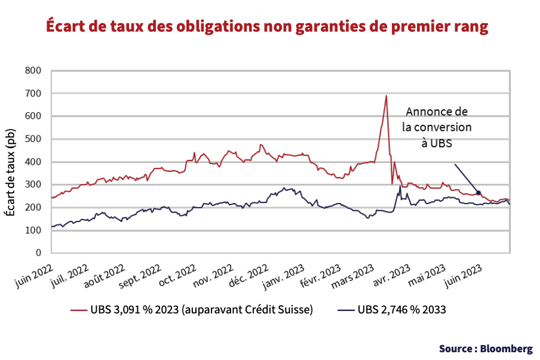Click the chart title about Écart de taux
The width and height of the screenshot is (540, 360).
coord(268,27)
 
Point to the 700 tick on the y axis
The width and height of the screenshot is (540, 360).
coord(33,94)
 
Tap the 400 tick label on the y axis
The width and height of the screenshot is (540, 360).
coord(33,162)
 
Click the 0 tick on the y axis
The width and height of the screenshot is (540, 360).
coord(38,253)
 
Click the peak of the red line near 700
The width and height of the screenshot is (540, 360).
coord(386,96)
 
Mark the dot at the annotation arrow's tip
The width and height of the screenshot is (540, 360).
coord(478,193)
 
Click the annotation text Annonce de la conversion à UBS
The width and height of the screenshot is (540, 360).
coord(437,127)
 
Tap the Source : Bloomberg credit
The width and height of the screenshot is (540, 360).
coord(485,348)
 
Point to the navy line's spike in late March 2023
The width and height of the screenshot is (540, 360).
coord(400,186)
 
